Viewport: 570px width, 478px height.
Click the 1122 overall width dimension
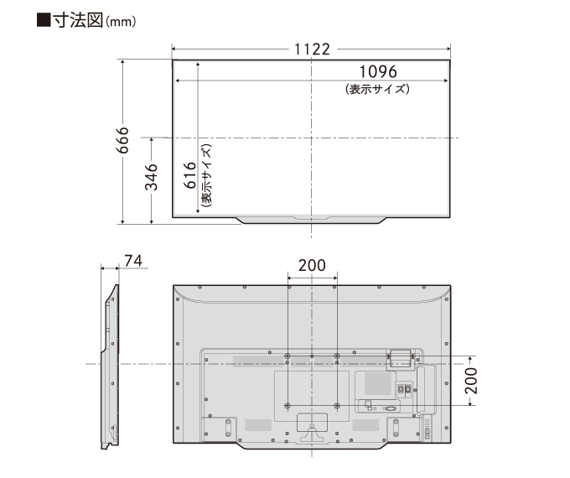[312, 49]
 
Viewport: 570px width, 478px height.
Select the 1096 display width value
[377, 72]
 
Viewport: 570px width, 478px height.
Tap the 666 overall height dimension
[122, 141]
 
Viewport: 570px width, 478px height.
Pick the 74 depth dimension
[132, 261]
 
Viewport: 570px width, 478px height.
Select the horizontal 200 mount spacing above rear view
[312, 265]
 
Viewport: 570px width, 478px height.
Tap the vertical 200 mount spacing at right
[471, 381]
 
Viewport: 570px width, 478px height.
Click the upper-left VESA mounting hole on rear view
[288, 356]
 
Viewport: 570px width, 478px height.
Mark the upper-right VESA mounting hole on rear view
[337, 356]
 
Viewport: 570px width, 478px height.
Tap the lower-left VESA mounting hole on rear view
[288, 405]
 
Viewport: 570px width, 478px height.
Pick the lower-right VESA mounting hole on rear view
[337, 405]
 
